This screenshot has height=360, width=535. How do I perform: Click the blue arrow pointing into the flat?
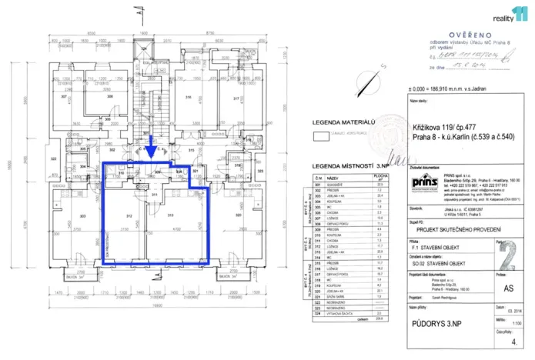click(152, 143)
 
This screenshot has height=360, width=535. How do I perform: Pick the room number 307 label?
click(65, 98)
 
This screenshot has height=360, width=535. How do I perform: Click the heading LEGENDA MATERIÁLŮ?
click(343, 122)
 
